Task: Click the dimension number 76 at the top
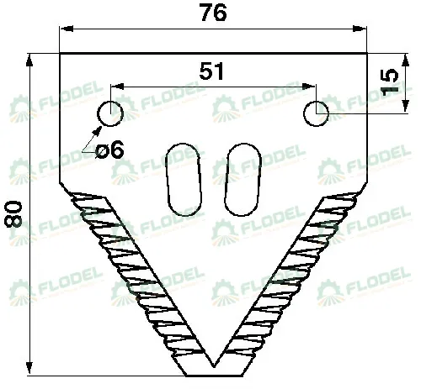(214, 13)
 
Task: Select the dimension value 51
(211, 71)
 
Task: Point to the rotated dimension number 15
(389, 82)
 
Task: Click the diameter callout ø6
(109, 150)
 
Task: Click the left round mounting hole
(110, 113)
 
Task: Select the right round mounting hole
(316, 113)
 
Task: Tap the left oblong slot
(184, 179)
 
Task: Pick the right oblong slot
(243, 179)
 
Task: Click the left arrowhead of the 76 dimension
(67, 29)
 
